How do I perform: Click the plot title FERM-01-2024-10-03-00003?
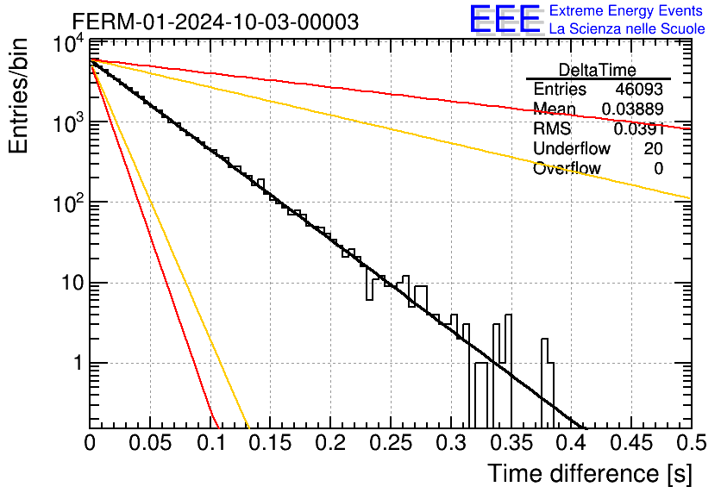pos(216,22)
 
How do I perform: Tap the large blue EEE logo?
pos(505,20)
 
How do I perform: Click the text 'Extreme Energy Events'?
pos(626,10)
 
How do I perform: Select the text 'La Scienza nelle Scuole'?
pos(627,28)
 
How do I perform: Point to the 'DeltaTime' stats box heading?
pos(598,70)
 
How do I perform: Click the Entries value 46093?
pos(639,89)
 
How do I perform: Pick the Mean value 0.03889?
pos(632,109)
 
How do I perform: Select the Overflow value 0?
pos(658,168)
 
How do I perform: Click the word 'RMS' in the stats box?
pos(552,128)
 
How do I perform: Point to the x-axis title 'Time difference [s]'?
pos(590,473)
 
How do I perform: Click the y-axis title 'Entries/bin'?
pos(18,96)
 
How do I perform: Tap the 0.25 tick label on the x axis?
pos(391,443)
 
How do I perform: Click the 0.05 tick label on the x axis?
pos(150,443)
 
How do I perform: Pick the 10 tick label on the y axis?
pos(72,283)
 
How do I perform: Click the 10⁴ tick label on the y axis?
pos(69,45)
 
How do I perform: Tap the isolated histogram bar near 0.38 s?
pos(547,384)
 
